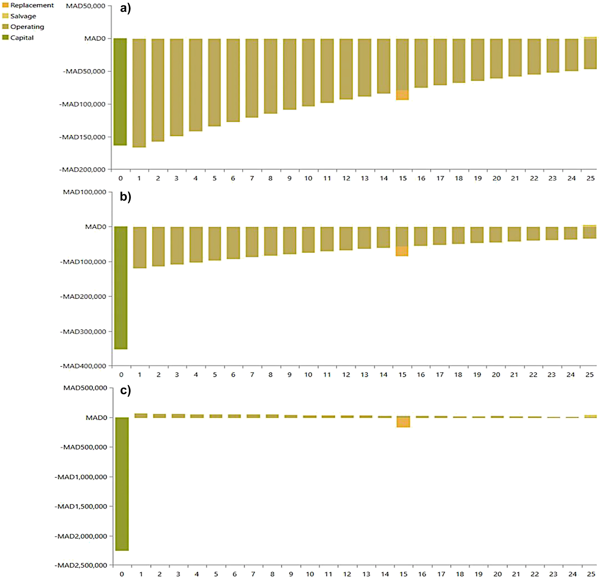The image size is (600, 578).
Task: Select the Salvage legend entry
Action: pos(23,16)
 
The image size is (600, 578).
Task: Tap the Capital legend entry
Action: pos(22,38)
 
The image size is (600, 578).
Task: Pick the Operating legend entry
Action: pos(27,26)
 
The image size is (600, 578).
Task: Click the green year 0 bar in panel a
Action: pos(120,92)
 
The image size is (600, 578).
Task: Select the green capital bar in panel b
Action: pos(121,288)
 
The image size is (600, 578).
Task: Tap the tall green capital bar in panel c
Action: pos(122,484)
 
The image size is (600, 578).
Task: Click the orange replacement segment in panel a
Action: pos(402,95)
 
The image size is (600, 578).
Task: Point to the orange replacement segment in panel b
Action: pos(402,251)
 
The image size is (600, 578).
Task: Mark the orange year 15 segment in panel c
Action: pos(403,422)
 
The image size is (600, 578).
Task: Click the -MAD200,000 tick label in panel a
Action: pos(82,169)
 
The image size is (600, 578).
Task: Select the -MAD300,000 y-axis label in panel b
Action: pos(83,331)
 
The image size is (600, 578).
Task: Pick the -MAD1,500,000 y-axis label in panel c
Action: pos(81,506)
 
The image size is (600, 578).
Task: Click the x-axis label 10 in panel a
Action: pos(308,178)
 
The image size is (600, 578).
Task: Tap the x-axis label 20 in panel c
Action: pos(497,574)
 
